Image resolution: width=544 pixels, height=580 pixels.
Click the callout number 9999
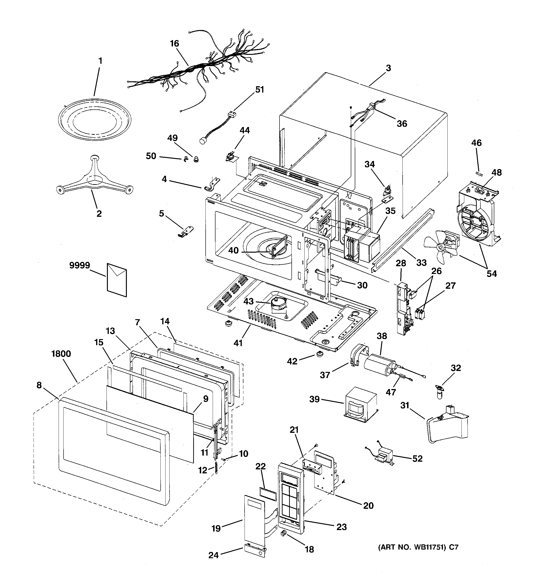click(79, 266)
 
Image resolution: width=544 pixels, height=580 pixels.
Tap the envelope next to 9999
click(117, 280)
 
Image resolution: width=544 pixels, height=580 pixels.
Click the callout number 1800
click(61, 354)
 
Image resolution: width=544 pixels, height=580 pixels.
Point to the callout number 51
click(259, 90)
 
